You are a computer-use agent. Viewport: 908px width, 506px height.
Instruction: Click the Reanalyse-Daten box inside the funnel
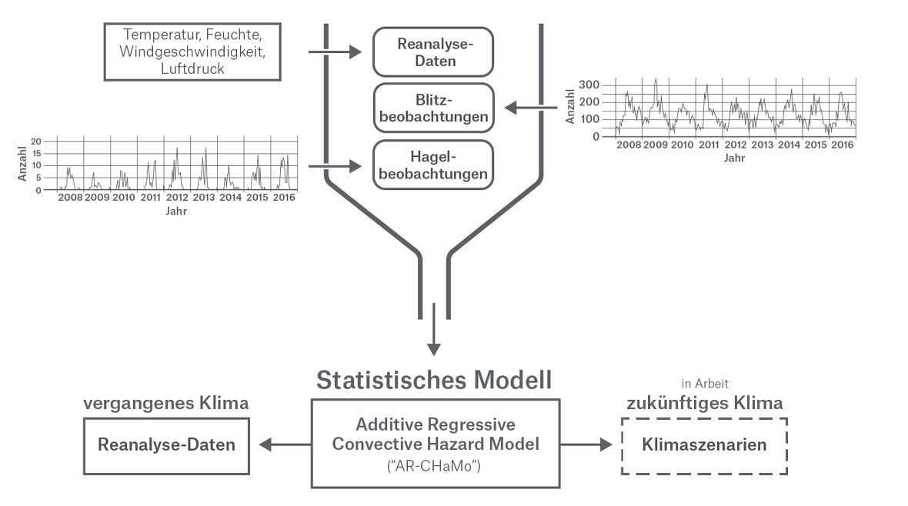pyautogui.click(x=432, y=52)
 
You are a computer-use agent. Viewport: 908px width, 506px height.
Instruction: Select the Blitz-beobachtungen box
pyautogui.click(x=432, y=108)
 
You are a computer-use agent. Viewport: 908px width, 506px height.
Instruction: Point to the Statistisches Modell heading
pyautogui.click(x=434, y=380)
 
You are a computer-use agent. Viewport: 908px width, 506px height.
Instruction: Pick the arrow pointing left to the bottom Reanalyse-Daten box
pyautogui.click(x=285, y=444)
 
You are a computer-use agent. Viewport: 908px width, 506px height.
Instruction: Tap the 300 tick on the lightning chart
pyautogui.click(x=591, y=83)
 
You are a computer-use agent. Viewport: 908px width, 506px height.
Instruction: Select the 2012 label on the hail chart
pyautogui.click(x=177, y=198)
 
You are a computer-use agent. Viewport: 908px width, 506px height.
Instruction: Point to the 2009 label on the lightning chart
pyautogui.click(x=656, y=145)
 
